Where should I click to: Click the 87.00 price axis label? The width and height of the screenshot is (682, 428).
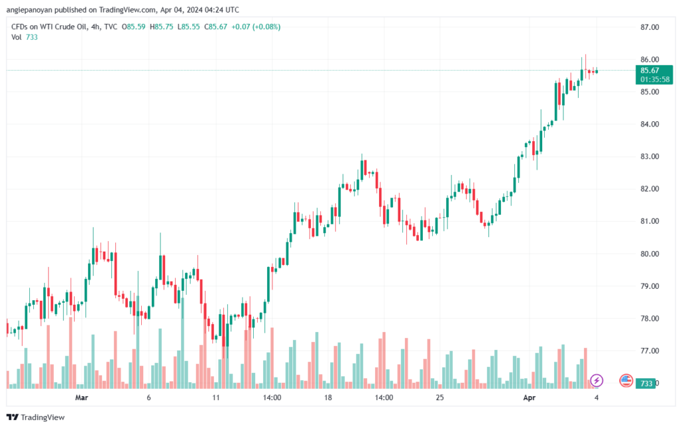tap(649, 27)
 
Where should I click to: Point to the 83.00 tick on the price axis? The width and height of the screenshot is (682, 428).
tap(649, 156)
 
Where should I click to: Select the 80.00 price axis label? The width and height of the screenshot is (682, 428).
tap(649, 254)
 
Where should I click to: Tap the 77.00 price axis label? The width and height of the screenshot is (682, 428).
tap(649, 351)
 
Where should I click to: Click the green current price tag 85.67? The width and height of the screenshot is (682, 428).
tap(649, 70)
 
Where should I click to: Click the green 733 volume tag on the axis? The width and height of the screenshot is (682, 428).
tap(645, 384)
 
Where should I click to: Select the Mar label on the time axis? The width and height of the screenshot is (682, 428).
tap(81, 398)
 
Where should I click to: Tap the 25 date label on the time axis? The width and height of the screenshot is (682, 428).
tap(440, 398)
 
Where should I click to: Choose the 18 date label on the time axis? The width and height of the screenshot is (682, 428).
tap(328, 398)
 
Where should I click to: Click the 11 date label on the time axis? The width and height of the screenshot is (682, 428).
tap(216, 398)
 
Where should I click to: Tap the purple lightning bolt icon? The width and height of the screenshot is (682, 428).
tap(597, 380)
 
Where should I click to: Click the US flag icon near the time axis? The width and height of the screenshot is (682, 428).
tap(626, 380)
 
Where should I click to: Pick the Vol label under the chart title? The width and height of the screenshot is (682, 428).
tap(17, 37)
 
